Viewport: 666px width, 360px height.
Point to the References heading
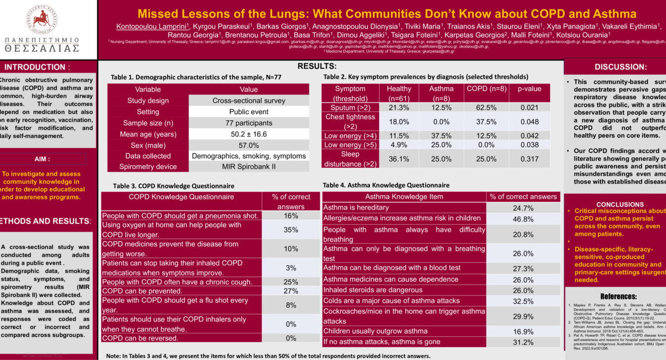click(618, 296)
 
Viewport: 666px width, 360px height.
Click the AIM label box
click(42, 159)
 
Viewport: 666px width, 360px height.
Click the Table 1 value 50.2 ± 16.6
click(249, 134)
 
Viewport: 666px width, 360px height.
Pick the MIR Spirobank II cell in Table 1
click(249, 167)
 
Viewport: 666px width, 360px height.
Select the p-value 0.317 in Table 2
click(529, 159)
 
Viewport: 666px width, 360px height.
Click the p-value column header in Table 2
click(529, 89)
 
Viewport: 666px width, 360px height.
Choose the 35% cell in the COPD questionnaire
click(291, 230)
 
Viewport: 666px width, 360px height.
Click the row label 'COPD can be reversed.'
click(141, 338)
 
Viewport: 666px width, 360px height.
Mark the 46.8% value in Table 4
click(523, 219)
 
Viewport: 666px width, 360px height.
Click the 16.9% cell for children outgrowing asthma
click(523, 332)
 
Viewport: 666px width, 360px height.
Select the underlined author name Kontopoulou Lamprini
click(151, 26)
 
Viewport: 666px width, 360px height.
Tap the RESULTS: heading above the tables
click(317, 66)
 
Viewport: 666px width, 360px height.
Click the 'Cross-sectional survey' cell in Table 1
click(249, 101)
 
